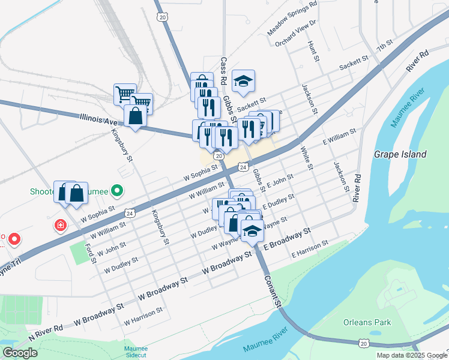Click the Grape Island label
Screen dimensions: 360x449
400,154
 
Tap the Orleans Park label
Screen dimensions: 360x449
367,322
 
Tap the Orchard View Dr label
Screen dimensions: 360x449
296,34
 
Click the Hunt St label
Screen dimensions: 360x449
312,52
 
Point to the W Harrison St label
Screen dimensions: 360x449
143,316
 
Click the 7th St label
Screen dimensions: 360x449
384,46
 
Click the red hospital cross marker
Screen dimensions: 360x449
60,226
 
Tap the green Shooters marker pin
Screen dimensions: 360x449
117,191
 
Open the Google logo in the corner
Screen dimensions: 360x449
20,353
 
